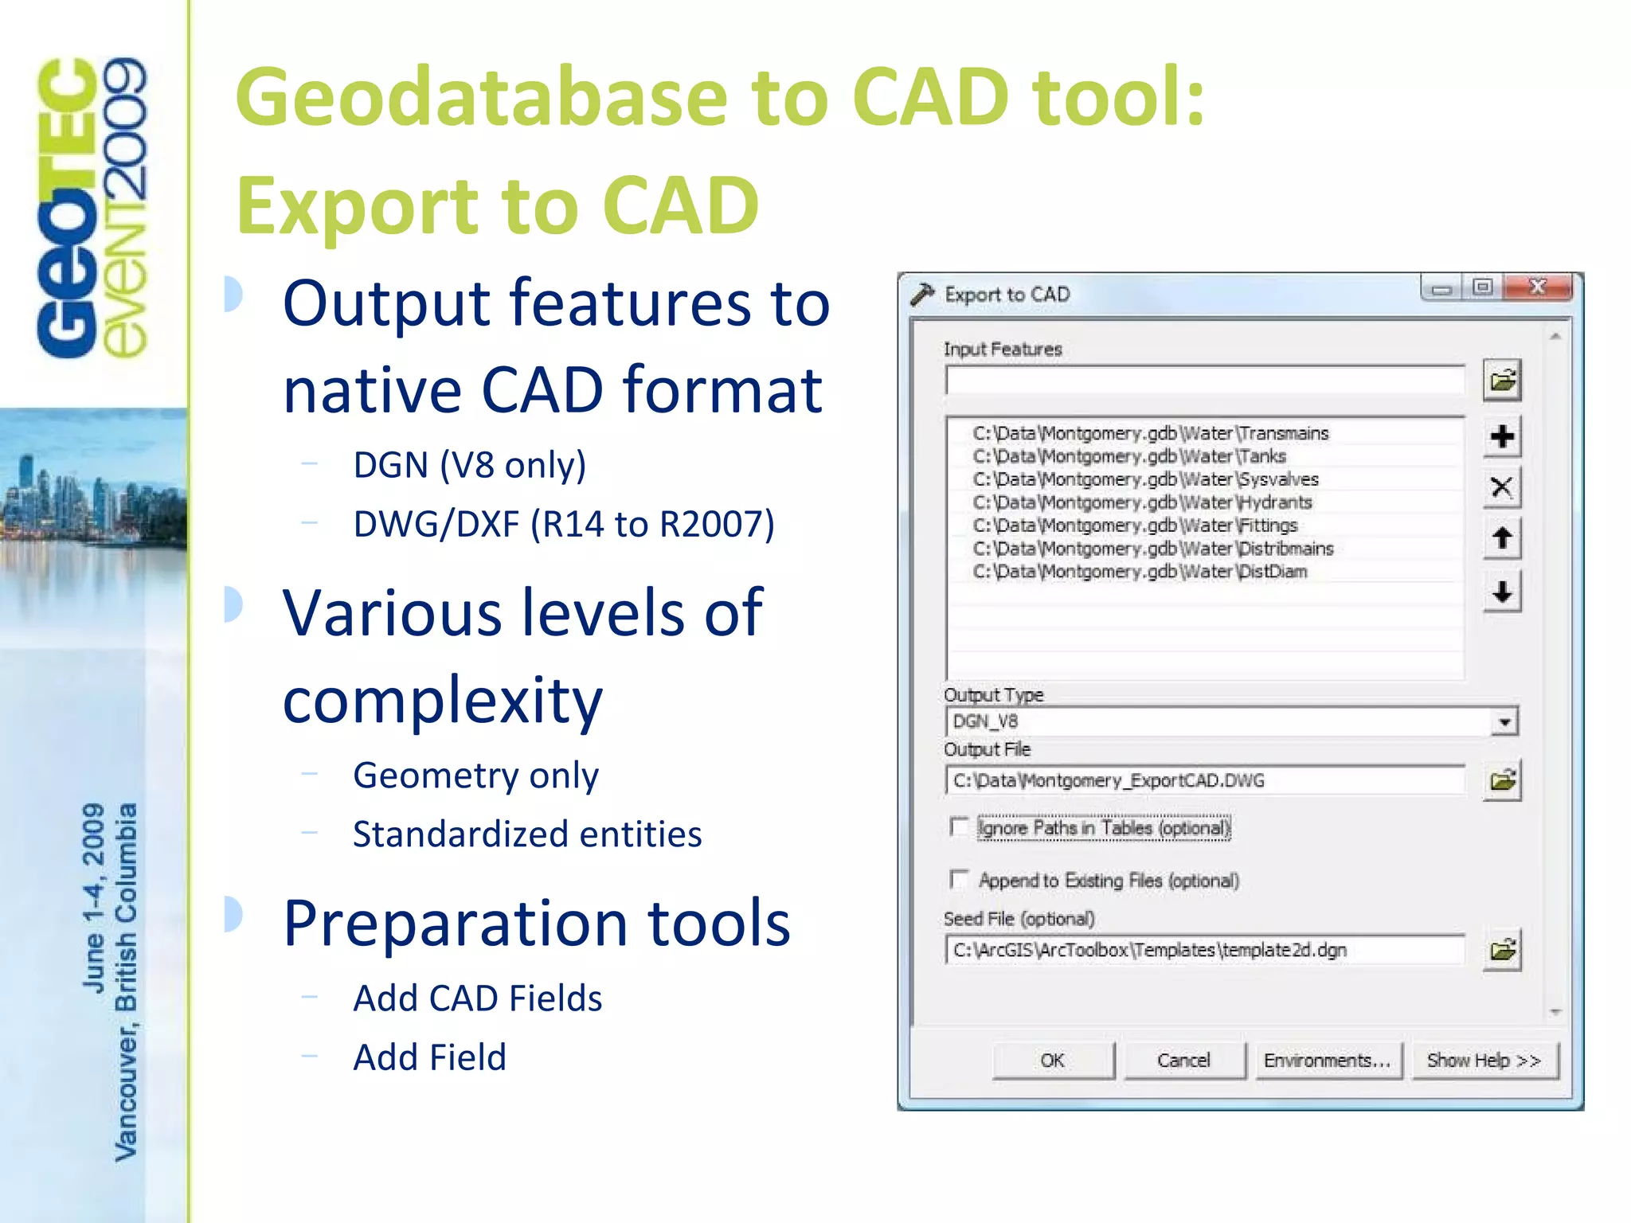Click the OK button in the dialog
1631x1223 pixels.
coord(1053,1061)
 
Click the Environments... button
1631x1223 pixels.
coord(1328,1061)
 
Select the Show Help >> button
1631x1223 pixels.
coord(1484,1061)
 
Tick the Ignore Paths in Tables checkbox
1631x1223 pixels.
coord(960,827)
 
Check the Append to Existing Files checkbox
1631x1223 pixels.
coord(960,880)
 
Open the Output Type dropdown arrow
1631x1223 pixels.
coord(1504,722)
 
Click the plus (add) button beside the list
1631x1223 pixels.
coord(1502,436)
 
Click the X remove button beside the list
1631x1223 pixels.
coord(1502,487)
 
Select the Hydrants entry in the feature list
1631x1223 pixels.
coord(1142,502)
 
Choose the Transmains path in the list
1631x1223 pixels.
coord(1150,433)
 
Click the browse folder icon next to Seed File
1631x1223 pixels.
coord(1503,950)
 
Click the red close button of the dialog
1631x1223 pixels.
coord(1538,287)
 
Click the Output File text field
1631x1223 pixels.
coord(1204,780)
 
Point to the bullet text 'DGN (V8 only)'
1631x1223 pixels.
coord(469,465)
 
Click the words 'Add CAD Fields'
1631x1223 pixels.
coord(477,998)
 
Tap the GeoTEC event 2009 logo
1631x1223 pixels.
coord(92,207)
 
